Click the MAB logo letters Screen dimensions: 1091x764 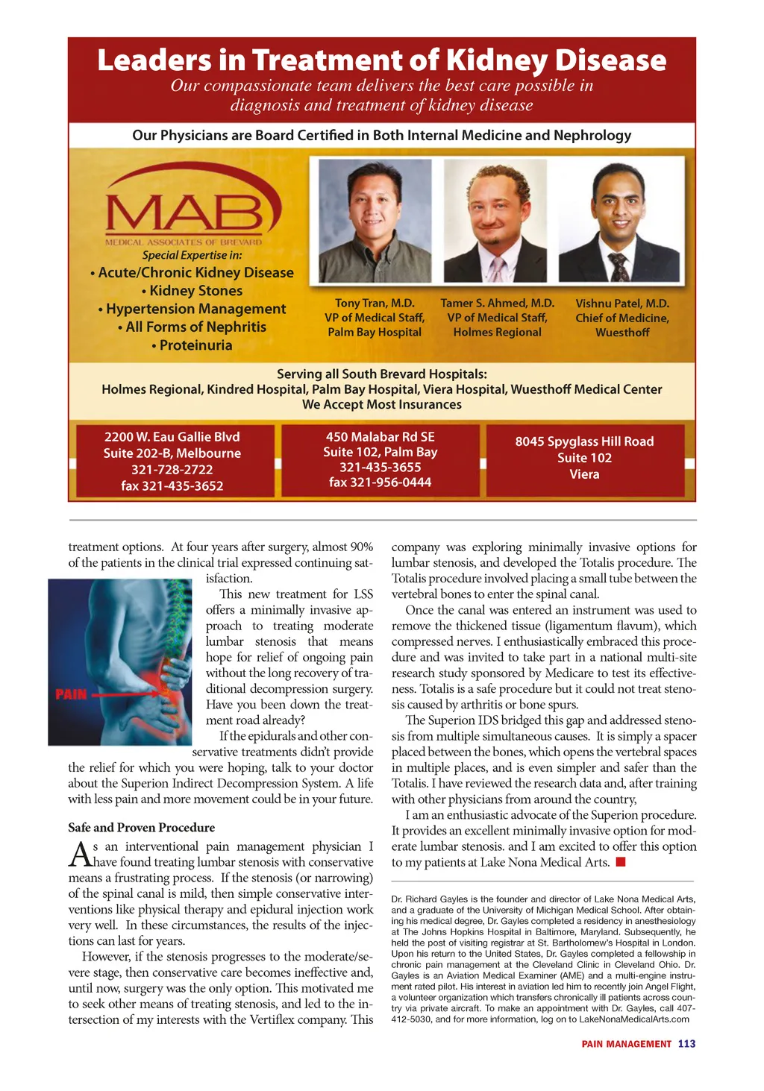point(184,212)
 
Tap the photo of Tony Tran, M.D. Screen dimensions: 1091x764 point(375,221)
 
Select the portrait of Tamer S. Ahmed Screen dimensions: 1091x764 point(495,221)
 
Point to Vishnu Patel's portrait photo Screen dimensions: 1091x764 point(619,221)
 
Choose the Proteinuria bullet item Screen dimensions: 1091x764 point(195,345)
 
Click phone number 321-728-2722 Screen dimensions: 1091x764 point(172,469)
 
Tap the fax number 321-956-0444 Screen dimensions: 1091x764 point(380,482)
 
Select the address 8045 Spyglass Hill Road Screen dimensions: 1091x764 point(584,441)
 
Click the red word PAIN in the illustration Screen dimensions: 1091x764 point(71,694)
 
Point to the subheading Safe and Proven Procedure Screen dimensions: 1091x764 point(141,828)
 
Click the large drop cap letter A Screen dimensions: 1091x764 point(79,855)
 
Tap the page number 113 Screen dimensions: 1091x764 point(686,1044)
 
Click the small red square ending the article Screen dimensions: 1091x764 point(620,863)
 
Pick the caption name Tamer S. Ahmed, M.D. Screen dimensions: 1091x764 point(497,304)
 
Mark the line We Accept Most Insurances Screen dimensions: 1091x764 point(381,405)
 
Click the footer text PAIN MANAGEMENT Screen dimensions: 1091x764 point(626,1044)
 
